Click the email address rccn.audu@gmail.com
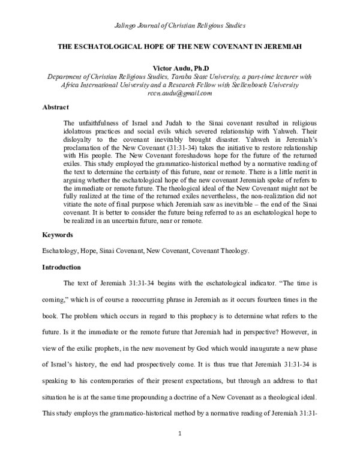tap(180, 94)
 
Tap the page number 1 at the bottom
tap(180, 449)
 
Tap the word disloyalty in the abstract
tap(80, 139)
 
